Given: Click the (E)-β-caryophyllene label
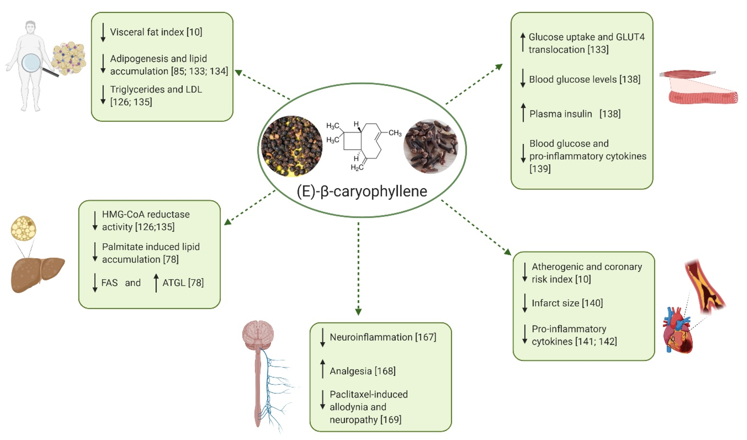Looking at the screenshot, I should click(x=362, y=191).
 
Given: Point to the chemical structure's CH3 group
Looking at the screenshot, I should click(x=395, y=133).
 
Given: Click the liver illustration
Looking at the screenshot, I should click(x=37, y=274).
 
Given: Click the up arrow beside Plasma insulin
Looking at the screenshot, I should click(x=523, y=113).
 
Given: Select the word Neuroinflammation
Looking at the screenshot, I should click(x=371, y=337).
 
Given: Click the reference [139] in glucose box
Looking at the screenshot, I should click(x=540, y=169).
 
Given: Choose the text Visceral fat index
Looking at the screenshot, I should click(x=147, y=32).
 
